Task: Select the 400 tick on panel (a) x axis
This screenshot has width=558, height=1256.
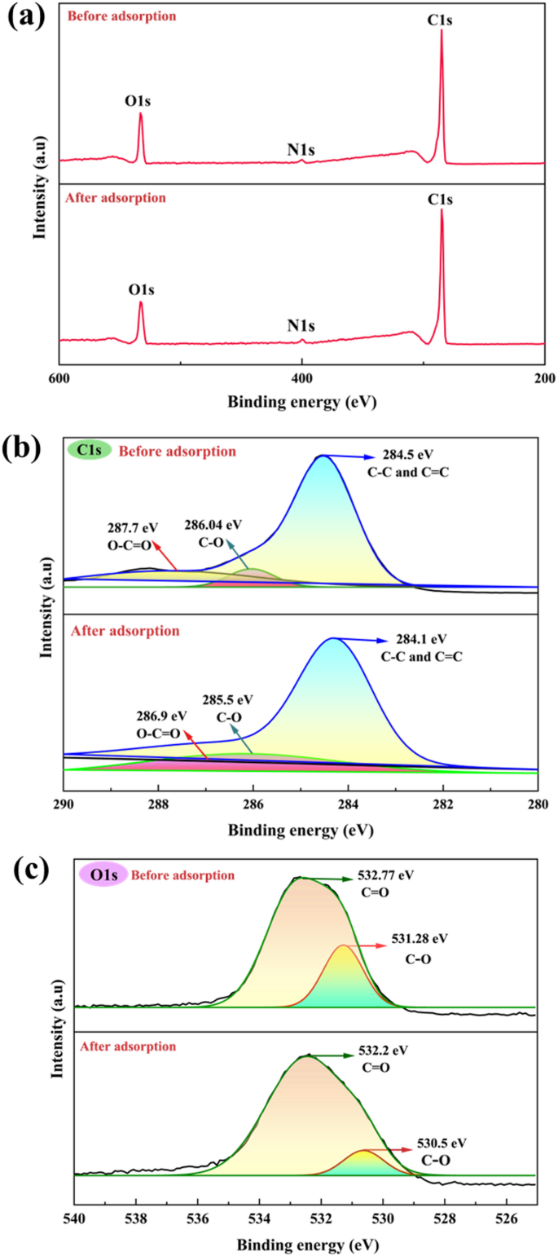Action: [x=302, y=380]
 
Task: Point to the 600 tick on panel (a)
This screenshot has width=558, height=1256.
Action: [x=59, y=380]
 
